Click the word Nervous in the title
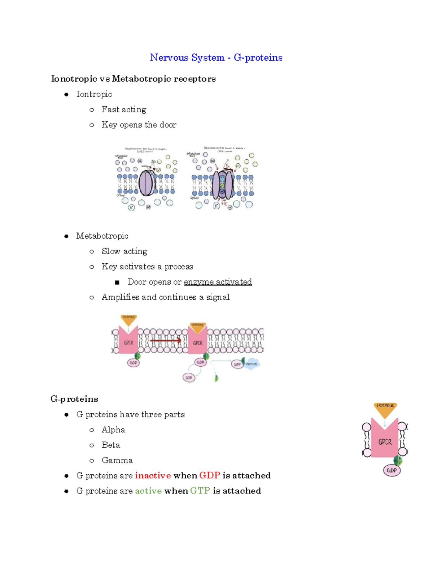tap(169, 57)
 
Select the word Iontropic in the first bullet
tap(94, 94)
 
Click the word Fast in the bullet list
tap(110, 109)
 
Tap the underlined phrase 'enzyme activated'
tap(218, 282)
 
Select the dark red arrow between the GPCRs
tap(166, 340)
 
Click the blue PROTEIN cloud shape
tap(252, 364)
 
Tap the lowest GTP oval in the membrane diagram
tap(189, 378)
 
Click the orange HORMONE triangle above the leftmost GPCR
tap(128, 319)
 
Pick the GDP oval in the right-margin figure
tap(392, 470)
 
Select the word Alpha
tap(113, 430)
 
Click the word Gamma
tap(117, 461)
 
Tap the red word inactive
tap(153, 476)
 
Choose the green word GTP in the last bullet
tap(200, 491)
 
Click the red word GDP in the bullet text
tap(210, 476)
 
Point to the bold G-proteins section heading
tap(74, 399)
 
